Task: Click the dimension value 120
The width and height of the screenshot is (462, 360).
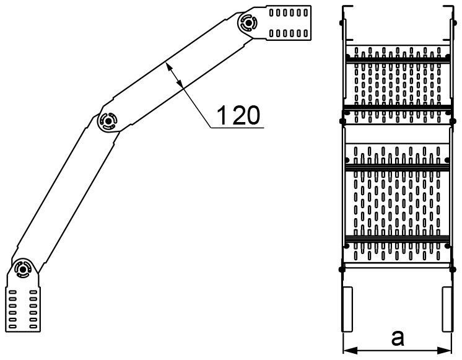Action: pyautogui.click(x=238, y=115)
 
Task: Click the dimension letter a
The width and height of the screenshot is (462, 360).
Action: pyautogui.click(x=398, y=338)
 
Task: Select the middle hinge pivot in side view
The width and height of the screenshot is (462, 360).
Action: pyautogui.click(x=108, y=121)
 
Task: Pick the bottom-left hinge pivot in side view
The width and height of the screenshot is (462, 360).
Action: pyautogui.click(x=22, y=268)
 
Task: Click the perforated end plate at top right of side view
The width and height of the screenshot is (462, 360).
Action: pyautogui.click(x=289, y=23)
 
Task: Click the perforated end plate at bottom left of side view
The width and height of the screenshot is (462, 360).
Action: pyautogui.click(x=24, y=309)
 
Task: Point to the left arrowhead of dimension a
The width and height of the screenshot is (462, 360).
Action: pyautogui.click(x=350, y=351)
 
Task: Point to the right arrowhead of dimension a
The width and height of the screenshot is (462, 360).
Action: pyautogui.click(x=445, y=351)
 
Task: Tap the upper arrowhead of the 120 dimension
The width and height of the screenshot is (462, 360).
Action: pyautogui.click(x=169, y=67)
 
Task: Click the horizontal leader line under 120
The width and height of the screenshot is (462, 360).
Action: pyautogui.click(x=237, y=128)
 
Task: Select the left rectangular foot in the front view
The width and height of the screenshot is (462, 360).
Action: pyautogui.click(x=347, y=309)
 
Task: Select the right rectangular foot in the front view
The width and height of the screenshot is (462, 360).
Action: pyautogui.click(x=447, y=309)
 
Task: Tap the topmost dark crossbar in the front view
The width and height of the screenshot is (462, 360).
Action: pyautogui.click(x=398, y=60)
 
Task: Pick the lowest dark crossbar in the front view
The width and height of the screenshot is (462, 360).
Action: pyautogui.click(x=398, y=239)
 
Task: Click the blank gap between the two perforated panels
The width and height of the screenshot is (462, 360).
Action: pyautogui.click(x=398, y=134)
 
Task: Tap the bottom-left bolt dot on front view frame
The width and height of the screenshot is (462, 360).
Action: pyautogui.click(x=342, y=269)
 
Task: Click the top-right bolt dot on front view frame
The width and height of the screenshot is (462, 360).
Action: pyautogui.click(x=452, y=22)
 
